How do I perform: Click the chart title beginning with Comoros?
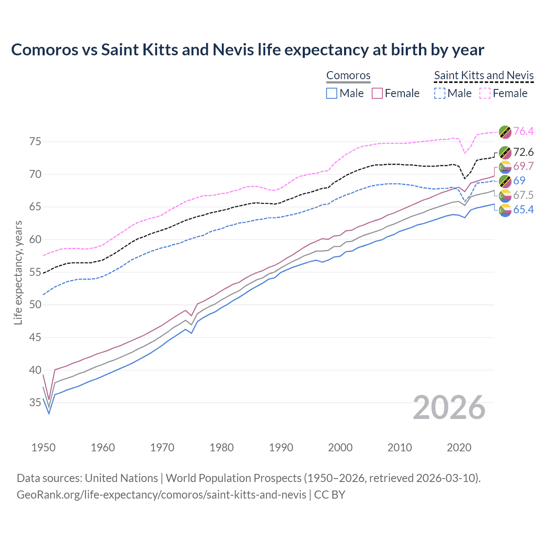click(x=247, y=50)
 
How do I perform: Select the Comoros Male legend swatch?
click(x=332, y=93)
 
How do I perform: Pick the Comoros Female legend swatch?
click(x=377, y=93)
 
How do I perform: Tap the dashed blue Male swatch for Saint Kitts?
click(x=439, y=93)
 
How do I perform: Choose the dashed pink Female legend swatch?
click(x=485, y=93)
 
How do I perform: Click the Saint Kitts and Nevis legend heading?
click(x=484, y=75)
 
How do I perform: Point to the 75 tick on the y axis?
click(x=35, y=141)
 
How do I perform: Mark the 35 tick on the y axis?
click(x=35, y=402)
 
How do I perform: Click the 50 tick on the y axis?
click(x=35, y=304)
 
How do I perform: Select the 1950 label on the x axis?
click(x=43, y=447)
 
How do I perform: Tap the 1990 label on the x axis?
click(x=281, y=447)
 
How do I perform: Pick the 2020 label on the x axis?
click(x=459, y=447)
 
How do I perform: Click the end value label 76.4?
click(x=523, y=131)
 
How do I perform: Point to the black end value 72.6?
click(x=523, y=152)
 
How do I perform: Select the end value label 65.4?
click(x=523, y=209)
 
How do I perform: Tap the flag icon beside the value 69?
click(x=505, y=181)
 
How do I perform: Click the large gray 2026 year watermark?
click(x=449, y=407)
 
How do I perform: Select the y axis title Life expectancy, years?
click(x=18, y=272)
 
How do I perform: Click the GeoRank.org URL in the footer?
click(x=161, y=495)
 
